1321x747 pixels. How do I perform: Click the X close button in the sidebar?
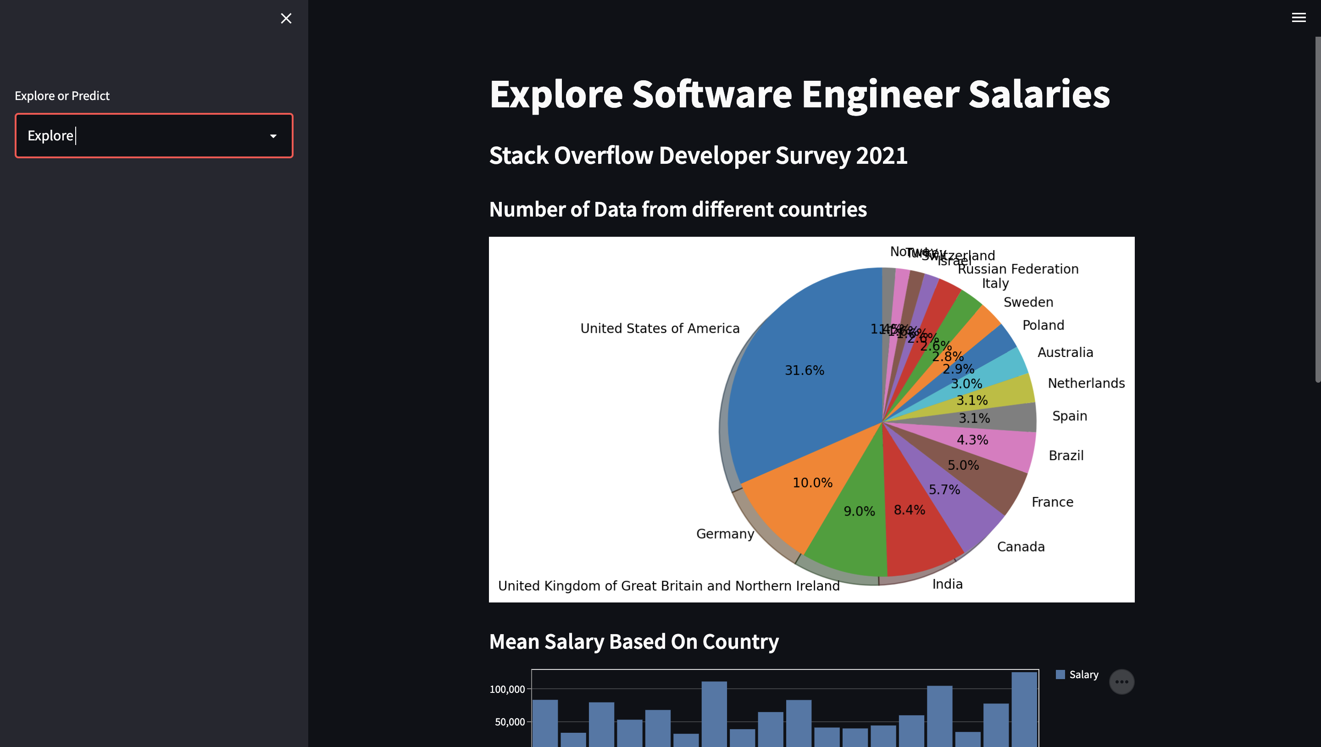point(286,18)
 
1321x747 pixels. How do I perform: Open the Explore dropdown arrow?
point(273,136)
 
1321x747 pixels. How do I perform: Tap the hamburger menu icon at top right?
point(1299,18)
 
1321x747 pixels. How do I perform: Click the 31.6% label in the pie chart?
point(804,370)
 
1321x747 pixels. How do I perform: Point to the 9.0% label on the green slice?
point(859,512)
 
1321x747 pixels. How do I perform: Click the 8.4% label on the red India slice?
point(909,510)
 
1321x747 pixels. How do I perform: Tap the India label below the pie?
point(947,585)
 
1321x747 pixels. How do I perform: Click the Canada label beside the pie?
point(1021,547)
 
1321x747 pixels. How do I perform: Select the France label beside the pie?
point(1052,502)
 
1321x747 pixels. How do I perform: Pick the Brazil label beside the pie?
point(1066,456)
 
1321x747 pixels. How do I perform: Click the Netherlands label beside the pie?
point(1086,383)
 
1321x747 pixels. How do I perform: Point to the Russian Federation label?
point(1018,269)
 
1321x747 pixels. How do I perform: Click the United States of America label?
point(660,329)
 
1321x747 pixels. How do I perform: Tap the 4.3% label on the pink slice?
point(972,440)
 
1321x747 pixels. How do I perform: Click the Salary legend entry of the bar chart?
point(1083,675)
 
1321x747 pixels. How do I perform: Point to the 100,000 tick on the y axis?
point(507,690)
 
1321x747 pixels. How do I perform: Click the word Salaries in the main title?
point(1039,95)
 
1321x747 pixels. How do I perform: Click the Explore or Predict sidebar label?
point(62,96)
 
